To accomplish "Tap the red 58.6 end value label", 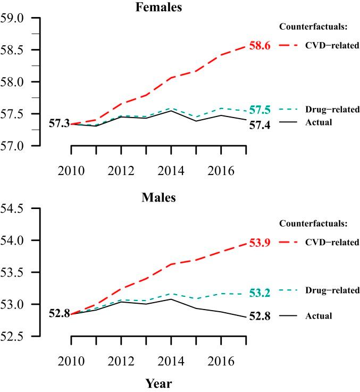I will pyautogui.click(x=260, y=46).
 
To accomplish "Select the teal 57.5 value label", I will pyautogui.click(x=260, y=110).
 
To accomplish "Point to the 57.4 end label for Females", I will pyautogui.click(x=260, y=125).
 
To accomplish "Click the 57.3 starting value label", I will pyautogui.click(x=59, y=124).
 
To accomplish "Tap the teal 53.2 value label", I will pyautogui.click(x=260, y=293).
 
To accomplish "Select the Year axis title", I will pyautogui.click(x=159, y=382).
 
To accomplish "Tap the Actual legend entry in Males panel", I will pyautogui.click(x=319, y=316).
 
